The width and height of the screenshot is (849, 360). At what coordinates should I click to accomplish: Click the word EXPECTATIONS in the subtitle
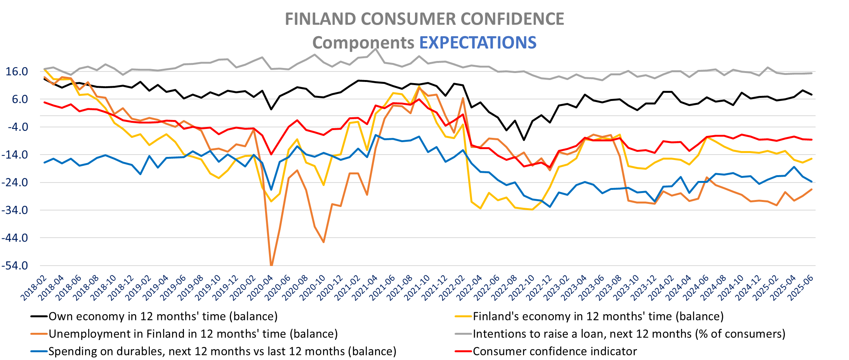coord(478,43)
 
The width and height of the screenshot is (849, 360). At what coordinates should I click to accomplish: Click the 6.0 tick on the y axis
coord(20,99)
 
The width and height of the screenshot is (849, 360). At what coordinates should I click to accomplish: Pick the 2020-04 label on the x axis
coord(260,288)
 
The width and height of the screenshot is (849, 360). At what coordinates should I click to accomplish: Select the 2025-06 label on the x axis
coord(801,288)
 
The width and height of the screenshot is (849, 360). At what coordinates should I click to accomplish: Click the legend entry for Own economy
coord(163,317)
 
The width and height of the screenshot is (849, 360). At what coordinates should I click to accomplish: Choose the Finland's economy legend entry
coord(598,317)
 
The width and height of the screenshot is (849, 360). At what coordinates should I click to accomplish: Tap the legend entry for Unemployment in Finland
coord(193,334)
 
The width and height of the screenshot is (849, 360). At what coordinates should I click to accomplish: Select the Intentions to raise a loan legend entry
coord(629,334)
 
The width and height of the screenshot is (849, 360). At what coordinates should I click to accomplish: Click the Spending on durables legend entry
coord(222,351)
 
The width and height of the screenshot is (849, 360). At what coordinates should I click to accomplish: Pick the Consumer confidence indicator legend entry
coord(555,351)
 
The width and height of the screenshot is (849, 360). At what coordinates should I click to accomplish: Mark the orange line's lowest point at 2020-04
coord(271,265)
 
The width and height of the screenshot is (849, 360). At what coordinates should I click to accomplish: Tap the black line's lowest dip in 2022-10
coord(524,140)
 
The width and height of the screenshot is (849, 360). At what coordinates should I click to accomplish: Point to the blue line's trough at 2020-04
coord(271,190)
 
